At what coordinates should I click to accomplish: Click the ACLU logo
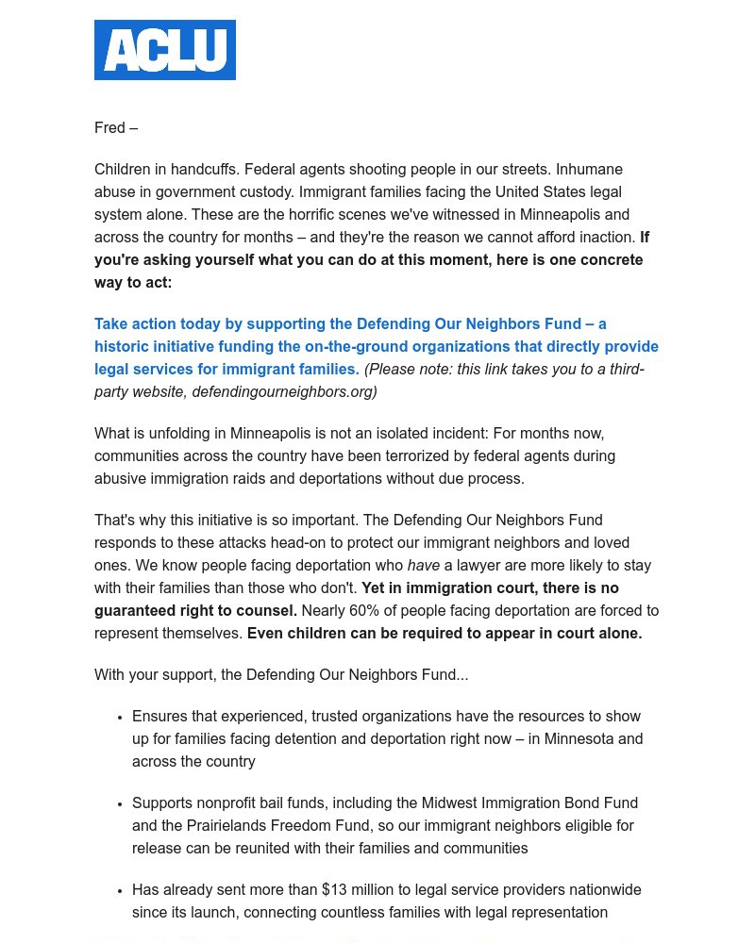165,50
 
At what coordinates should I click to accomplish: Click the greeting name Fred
109,128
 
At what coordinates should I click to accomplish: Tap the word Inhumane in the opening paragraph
589,170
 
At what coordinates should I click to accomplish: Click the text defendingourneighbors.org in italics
283,392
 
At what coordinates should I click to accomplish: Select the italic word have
424,566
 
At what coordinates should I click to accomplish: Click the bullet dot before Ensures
121,718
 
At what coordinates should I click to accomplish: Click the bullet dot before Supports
121,804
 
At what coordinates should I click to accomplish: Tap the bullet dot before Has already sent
121,891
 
